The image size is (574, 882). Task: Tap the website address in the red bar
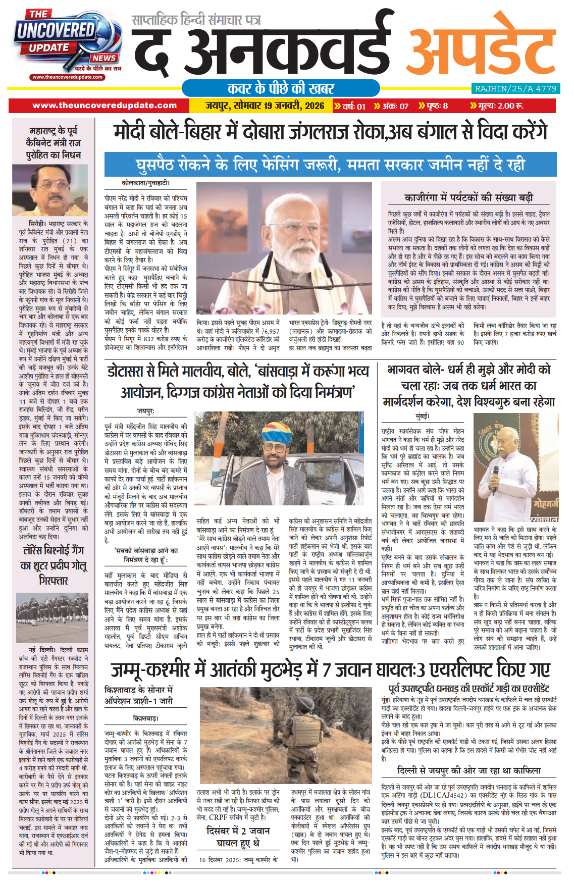105,106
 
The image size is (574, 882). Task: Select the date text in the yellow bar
265,106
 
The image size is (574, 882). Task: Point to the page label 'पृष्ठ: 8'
433,106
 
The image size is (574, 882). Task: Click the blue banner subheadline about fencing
331,165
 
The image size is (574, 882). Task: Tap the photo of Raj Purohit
50,190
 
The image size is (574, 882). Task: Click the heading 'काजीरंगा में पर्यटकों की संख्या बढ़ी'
468,197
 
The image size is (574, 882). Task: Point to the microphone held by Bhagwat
495,474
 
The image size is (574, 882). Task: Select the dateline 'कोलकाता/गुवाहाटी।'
146,183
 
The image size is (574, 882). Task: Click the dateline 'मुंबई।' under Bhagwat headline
423,416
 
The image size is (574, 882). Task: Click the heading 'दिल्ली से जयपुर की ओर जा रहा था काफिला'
468,770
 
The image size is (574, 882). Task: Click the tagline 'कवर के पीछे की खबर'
281,88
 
